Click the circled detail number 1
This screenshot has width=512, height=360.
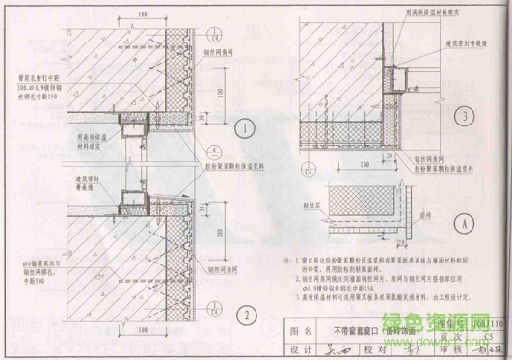click(x=247, y=128)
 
